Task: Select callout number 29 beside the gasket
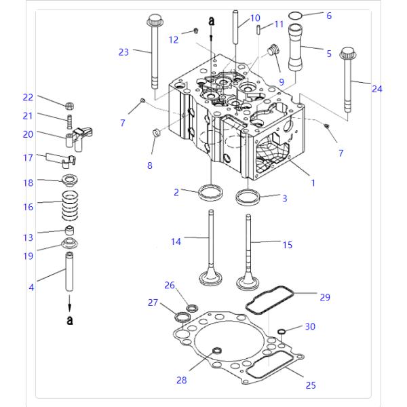[x=324, y=298]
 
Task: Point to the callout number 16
[x=28, y=207]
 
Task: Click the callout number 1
[x=313, y=182]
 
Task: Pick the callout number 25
[x=310, y=385]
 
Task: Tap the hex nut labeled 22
[x=69, y=105]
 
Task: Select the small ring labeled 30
[x=280, y=332]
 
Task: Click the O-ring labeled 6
[x=295, y=16]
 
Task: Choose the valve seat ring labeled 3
[x=248, y=198]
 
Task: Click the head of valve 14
[x=210, y=279]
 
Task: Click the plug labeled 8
[x=154, y=132]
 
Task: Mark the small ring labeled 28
[x=217, y=351]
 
